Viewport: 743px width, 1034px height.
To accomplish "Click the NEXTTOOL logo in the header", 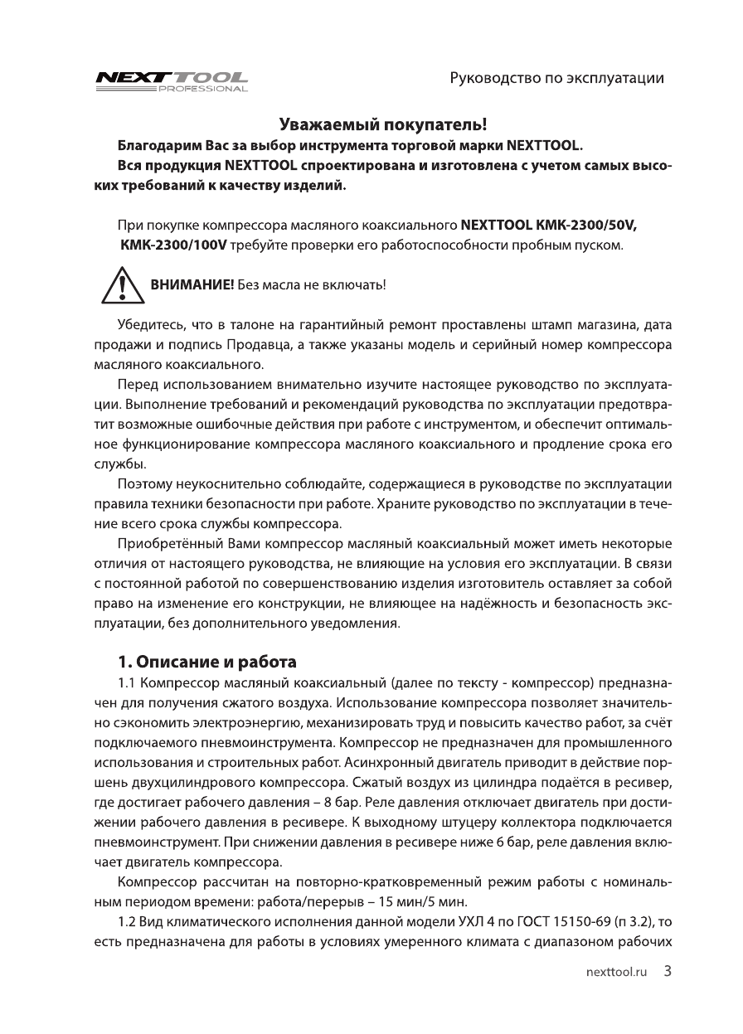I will tap(172, 75).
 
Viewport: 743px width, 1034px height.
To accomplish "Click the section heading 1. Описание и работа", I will tap(206, 663).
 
